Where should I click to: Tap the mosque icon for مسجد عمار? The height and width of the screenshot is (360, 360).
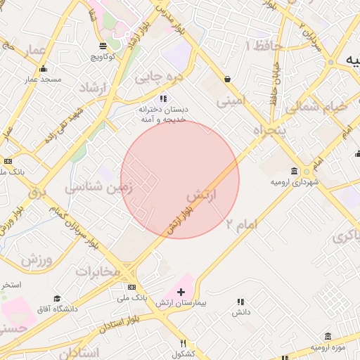tap(44, 69)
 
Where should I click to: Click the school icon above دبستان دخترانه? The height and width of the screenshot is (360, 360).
tap(163, 98)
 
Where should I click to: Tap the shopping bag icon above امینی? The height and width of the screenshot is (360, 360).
tap(227, 79)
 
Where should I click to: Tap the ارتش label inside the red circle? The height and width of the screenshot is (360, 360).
tap(201, 193)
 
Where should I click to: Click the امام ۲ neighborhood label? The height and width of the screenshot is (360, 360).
tap(242, 224)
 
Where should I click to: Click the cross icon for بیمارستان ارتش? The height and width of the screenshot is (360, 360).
tap(181, 291)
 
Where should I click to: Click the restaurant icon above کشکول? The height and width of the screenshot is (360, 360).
tap(183, 343)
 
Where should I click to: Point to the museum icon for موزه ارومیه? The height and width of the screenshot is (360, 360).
tap(326, 337)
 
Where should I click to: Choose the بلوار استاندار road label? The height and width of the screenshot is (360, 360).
tap(127, 324)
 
